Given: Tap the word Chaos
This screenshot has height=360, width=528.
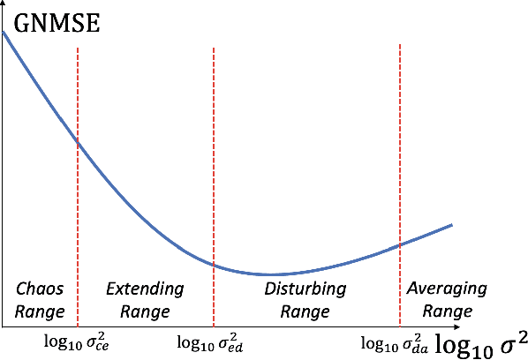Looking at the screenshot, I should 40,289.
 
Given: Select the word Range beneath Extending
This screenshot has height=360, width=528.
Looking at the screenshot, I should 145,311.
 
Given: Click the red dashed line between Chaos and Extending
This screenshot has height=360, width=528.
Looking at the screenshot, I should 78,203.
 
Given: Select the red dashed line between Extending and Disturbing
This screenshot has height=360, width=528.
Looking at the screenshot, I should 214,176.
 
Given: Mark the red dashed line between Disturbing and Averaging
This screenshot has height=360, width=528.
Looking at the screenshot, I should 400,159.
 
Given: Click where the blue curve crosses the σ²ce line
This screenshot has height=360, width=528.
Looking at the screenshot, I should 78,142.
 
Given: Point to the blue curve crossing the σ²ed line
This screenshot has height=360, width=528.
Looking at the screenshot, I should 214,263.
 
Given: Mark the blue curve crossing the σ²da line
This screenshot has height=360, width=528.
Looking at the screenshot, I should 400,244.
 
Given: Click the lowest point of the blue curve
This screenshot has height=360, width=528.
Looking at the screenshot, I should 274,274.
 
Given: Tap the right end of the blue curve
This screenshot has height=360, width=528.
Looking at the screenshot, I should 452,225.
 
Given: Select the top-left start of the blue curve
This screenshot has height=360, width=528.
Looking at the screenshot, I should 4,33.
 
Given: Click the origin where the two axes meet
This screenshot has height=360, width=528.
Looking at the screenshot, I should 3,326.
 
